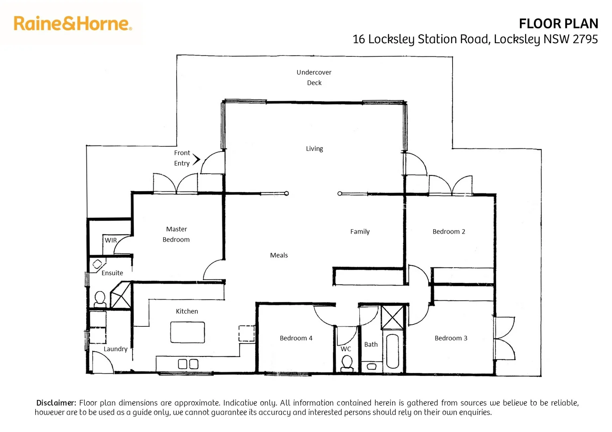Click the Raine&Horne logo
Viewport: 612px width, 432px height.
pos(72,24)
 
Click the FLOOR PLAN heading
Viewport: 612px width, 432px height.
pos(558,24)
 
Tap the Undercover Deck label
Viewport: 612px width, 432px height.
pos(314,77)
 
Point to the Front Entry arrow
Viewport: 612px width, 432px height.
pos(196,160)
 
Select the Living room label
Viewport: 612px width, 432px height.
pos(314,148)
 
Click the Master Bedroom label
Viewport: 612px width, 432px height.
pos(176,234)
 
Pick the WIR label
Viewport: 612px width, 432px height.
pos(111,240)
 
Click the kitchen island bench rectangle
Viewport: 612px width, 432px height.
pos(187,332)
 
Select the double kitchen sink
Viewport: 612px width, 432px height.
pos(188,364)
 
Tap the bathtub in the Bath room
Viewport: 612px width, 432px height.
pos(392,351)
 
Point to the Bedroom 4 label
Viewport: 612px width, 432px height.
pos(296,338)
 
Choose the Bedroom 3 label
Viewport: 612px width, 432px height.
pos(451,338)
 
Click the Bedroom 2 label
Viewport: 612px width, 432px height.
pos(449,231)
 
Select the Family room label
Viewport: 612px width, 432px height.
pos(360,231)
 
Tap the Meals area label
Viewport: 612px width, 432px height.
pos(279,255)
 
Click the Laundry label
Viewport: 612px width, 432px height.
pos(115,349)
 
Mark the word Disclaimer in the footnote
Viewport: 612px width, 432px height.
pos(56,403)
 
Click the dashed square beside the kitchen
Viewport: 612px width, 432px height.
pos(247,334)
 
